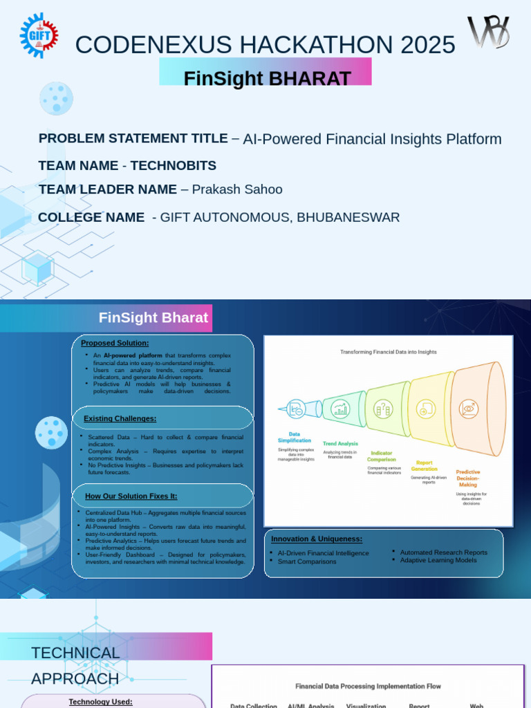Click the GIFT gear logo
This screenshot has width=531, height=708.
click(39, 35)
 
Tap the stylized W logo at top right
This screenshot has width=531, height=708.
click(488, 32)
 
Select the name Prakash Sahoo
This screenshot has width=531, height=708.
click(237, 189)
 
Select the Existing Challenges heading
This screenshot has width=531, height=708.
click(120, 418)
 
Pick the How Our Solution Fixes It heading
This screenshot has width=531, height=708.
click(131, 496)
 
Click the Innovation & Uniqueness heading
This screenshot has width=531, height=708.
click(317, 539)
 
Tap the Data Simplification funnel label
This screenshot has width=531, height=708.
click(295, 437)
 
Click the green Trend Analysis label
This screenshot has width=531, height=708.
click(340, 443)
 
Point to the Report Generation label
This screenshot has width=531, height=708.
click(425, 465)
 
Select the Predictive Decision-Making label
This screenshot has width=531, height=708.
click(468, 478)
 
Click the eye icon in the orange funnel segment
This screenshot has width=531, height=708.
click(469, 408)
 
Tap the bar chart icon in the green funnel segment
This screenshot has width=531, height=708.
click(340, 409)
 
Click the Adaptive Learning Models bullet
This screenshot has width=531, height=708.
click(438, 561)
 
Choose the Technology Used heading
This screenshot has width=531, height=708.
click(100, 702)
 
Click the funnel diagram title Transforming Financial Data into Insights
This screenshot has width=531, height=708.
click(388, 352)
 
